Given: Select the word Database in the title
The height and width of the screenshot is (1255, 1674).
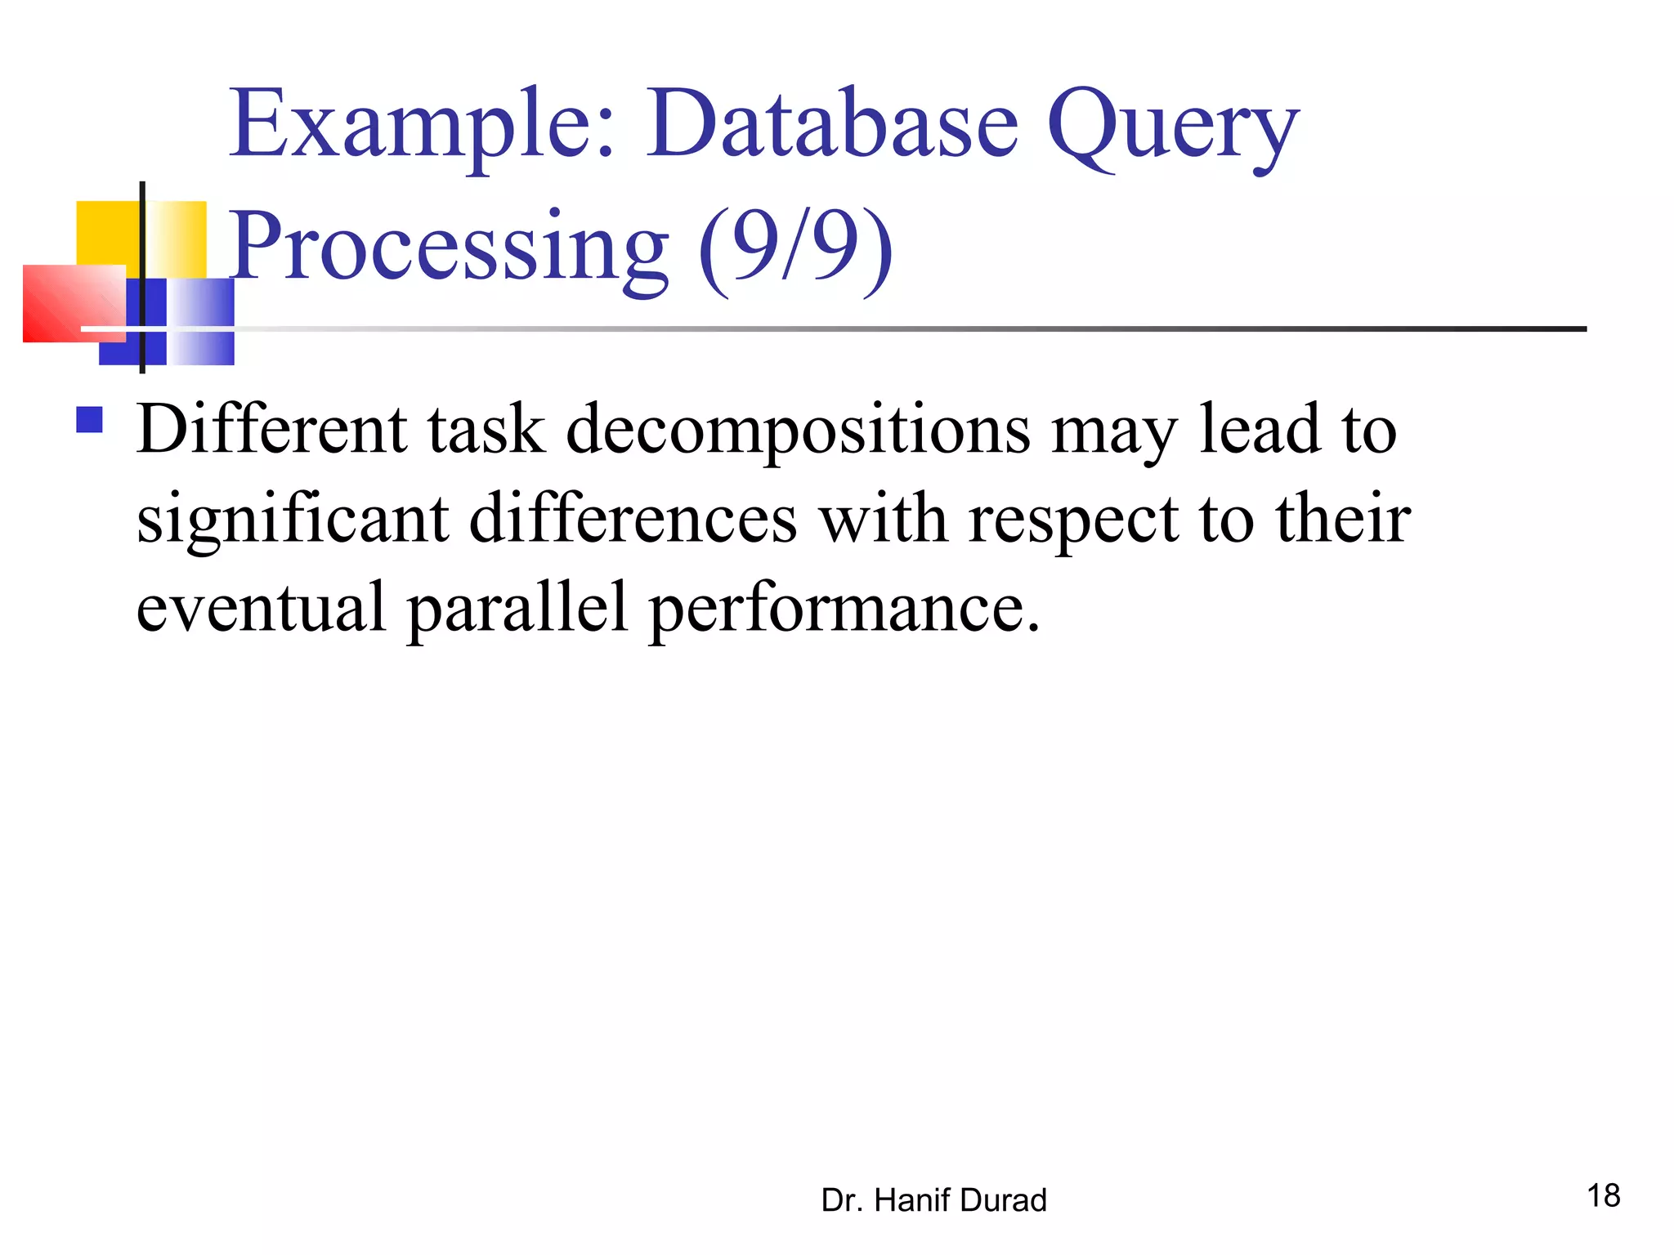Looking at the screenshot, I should tap(832, 124).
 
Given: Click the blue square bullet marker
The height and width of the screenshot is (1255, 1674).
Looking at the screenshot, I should tap(89, 420).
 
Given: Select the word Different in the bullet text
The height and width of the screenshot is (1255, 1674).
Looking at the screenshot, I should tap(271, 430).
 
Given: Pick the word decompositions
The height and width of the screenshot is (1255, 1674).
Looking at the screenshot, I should tap(798, 431).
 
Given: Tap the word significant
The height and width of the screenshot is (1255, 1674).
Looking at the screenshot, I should tap(293, 520).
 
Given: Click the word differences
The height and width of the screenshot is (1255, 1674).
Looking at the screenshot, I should tap(633, 519).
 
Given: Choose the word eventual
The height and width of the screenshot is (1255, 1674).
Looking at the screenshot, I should tap(261, 608).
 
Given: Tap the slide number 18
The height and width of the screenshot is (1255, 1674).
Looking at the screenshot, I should tap(1603, 1196).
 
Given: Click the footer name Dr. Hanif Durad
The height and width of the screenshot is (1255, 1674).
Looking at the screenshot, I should tap(933, 1200).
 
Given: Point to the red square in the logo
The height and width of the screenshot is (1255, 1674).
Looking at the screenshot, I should tap(74, 303).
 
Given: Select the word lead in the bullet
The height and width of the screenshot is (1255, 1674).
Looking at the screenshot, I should tap(1259, 430).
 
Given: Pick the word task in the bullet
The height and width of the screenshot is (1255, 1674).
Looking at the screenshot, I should tap(486, 430).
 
